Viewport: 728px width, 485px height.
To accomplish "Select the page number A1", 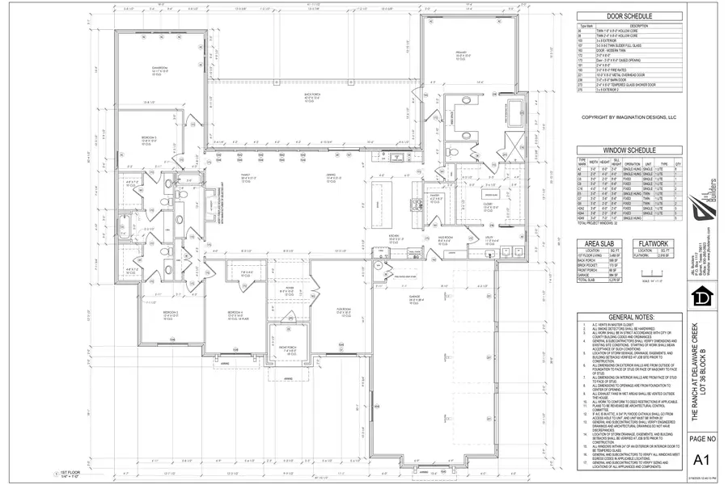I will pyautogui.click(x=703, y=462).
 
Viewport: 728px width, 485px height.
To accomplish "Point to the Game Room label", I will pyautogui.click(x=159, y=69).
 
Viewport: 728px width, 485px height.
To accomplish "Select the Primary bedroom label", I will pyautogui.click(x=462, y=55).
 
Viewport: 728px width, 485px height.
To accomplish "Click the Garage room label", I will pyautogui.click(x=413, y=301).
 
